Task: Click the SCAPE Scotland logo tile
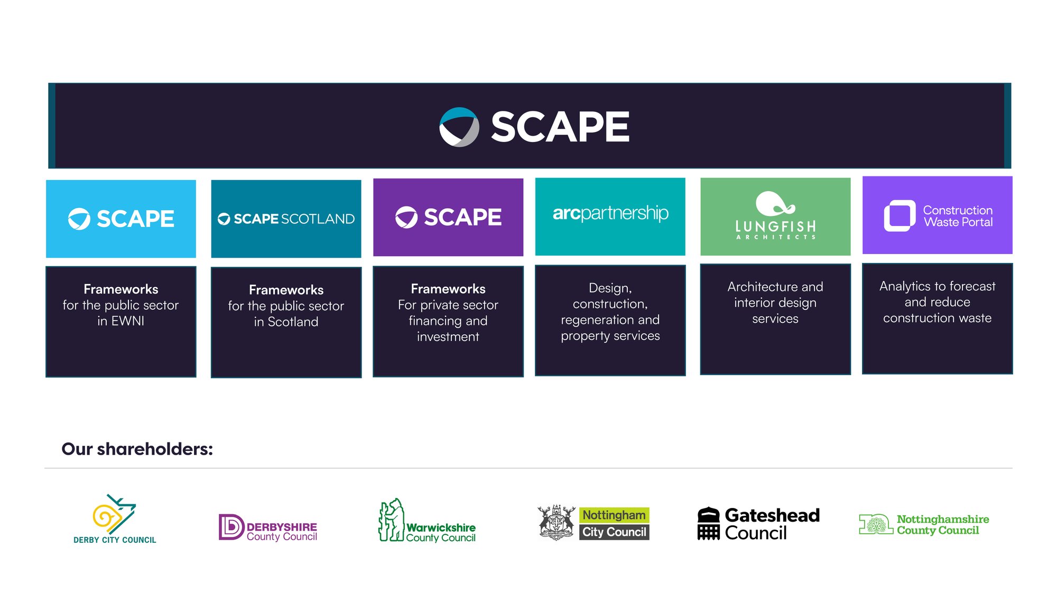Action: pyautogui.click(x=286, y=219)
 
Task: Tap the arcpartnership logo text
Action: pyautogui.click(x=610, y=213)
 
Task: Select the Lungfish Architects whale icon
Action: pyautogui.click(x=775, y=203)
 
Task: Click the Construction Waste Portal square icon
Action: pyautogui.click(x=900, y=215)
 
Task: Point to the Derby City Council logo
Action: pyautogui.click(x=115, y=518)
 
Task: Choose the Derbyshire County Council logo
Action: pyautogui.click(x=268, y=527)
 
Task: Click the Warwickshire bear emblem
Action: pyautogui.click(x=391, y=520)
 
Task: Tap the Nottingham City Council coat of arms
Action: pyautogui.click(x=557, y=522)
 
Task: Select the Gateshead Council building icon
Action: pyautogui.click(x=709, y=523)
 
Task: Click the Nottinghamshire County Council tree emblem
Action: pyautogui.click(x=876, y=524)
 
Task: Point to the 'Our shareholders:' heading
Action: pyautogui.click(x=137, y=449)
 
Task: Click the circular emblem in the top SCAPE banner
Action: pyautogui.click(x=459, y=127)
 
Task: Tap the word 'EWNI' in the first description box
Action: pyautogui.click(x=128, y=321)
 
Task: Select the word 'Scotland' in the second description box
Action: pyautogui.click(x=293, y=322)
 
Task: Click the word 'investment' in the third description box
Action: pyautogui.click(x=448, y=337)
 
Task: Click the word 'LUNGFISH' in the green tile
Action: pyautogui.click(x=776, y=227)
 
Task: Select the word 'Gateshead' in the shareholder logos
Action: pyautogui.click(x=772, y=515)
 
